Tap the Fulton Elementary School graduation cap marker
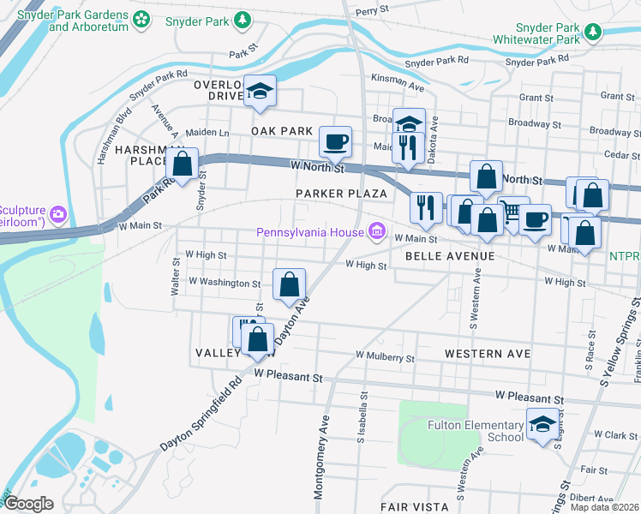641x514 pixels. pyautogui.click(x=542, y=426)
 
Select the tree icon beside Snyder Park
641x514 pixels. pyautogui.click(x=243, y=18)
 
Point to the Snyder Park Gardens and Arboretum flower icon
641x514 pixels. pyautogui.click(x=142, y=18)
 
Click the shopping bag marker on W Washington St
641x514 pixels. pyautogui.click(x=290, y=284)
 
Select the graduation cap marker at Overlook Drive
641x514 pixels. pyautogui.click(x=258, y=91)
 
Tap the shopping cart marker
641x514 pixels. pyautogui.click(x=512, y=211)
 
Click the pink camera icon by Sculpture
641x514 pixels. pyautogui.click(x=57, y=212)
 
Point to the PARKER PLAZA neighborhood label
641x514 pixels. pyautogui.click(x=342, y=194)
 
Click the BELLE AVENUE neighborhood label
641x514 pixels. pyautogui.click(x=450, y=256)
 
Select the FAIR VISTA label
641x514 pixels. pyautogui.click(x=413, y=506)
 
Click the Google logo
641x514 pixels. pyautogui.click(x=29, y=504)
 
